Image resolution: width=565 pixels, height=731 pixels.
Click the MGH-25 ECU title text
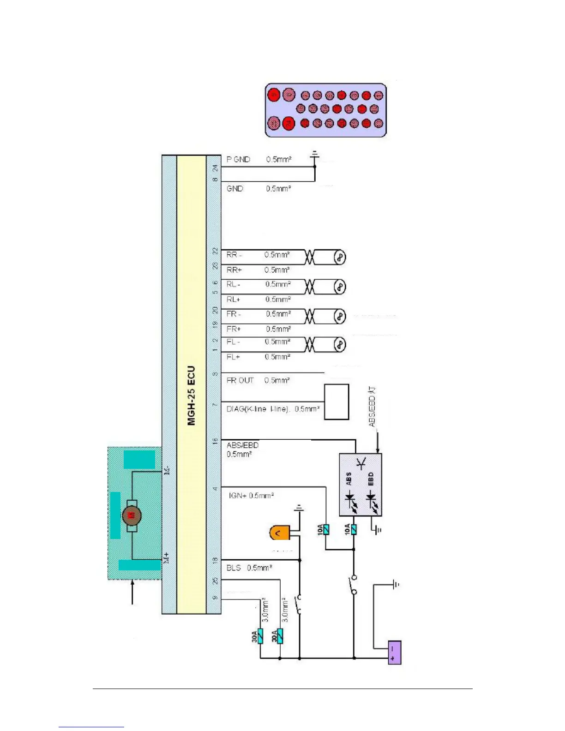click(x=192, y=395)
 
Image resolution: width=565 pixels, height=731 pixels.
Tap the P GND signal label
click(x=238, y=159)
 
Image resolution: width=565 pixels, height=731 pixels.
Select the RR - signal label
click(x=234, y=255)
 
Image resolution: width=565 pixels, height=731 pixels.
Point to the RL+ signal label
click(x=234, y=300)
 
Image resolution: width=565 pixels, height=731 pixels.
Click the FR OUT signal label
click(x=240, y=380)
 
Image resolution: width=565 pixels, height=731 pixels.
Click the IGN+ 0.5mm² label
click(x=251, y=496)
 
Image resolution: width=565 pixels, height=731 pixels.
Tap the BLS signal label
click(x=234, y=568)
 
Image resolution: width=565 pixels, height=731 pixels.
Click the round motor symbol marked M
click(x=132, y=515)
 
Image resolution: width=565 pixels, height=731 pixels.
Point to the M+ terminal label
click(x=167, y=557)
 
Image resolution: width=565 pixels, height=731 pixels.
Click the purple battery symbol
click(x=395, y=653)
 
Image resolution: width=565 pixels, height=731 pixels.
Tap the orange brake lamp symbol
click(x=279, y=533)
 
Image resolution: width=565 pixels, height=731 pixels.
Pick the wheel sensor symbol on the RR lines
click(x=340, y=257)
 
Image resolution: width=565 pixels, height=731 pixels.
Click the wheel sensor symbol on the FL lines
click(x=340, y=344)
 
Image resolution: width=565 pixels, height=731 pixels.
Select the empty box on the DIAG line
click(x=337, y=402)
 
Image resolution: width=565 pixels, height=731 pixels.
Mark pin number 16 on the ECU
click(x=215, y=441)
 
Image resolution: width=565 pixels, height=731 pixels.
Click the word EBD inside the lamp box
click(x=371, y=479)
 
